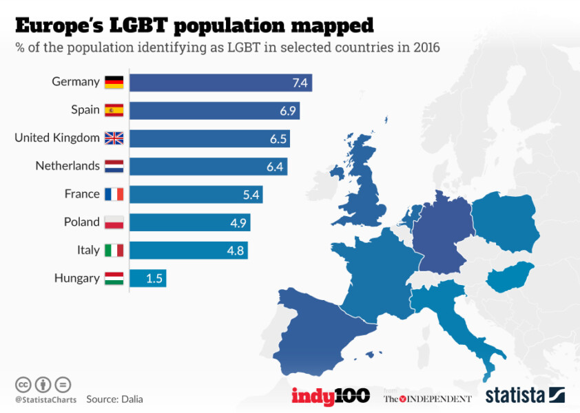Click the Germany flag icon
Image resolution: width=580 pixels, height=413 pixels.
(114, 83)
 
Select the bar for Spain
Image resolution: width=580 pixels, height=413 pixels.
(214, 110)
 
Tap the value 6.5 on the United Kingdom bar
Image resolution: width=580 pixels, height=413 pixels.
(278, 138)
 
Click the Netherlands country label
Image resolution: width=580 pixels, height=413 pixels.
(68, 166)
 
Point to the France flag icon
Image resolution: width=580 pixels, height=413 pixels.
(114, 195)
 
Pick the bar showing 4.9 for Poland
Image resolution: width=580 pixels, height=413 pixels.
(189, 222)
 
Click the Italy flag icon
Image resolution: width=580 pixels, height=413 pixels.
(114, 251)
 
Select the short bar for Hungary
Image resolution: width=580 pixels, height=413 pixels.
(147, 279)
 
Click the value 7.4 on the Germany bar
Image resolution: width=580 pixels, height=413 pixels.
(300, 83)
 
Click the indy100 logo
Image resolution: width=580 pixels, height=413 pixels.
(331, 396)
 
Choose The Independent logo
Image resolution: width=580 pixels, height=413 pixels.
(428, 399)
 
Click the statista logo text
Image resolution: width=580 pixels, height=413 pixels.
(516, 396)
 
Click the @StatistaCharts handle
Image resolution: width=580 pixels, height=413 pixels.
(43, 399)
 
